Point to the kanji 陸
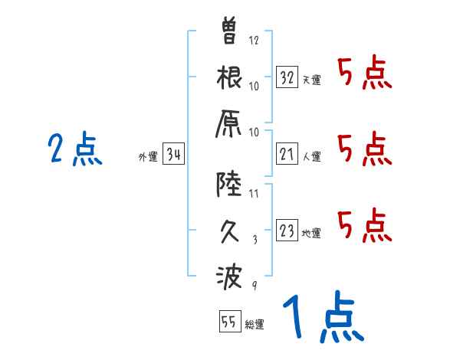click(230, 184)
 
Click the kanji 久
click(230, 230)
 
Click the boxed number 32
click(287, 77)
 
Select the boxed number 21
click(287, 155)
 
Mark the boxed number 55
click(229, 322)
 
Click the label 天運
click(311, 80)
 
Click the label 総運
click(255, 324)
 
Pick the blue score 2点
click(75, 149)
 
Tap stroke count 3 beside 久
click(254, 239)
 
